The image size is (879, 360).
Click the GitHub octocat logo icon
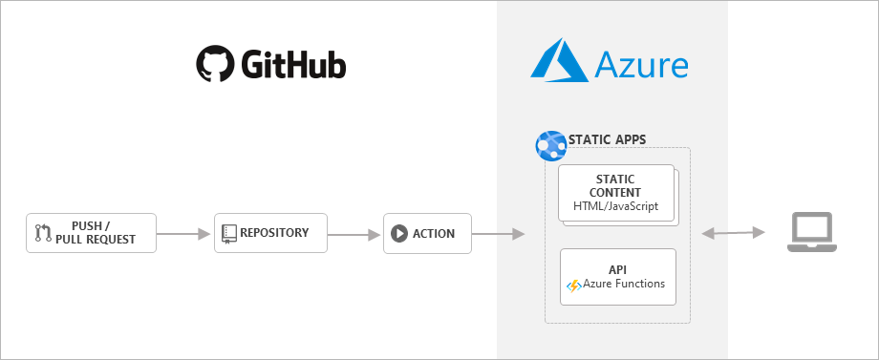click(x=215, y=64)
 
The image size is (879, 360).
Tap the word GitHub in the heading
click(x=293, y=65)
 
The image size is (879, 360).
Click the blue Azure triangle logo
click(x=559, y=61)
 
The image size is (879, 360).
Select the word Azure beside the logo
click(x=642, y=65)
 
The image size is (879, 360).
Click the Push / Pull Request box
click(x=90, y=233)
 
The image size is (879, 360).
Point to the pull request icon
click(x=43, y=233)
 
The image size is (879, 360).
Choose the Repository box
click(x=270, y=233)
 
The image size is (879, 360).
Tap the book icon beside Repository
click(x=229, y=233)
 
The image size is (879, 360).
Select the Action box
click(x=427, y=233)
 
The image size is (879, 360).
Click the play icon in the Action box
click(x=399, y=233)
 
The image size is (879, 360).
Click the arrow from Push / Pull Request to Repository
click(x=183, y=233)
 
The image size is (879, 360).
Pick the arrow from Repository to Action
click(x=354, y=233)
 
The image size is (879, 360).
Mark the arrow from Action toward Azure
click(x=498, y=233)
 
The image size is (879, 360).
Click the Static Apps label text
click(x=607, y=139)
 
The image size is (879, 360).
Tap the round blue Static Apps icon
click(x=551, y=145)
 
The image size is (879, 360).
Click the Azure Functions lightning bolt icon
click(x=574, y=285)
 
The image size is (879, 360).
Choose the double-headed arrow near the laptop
click(x=733, y=233)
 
